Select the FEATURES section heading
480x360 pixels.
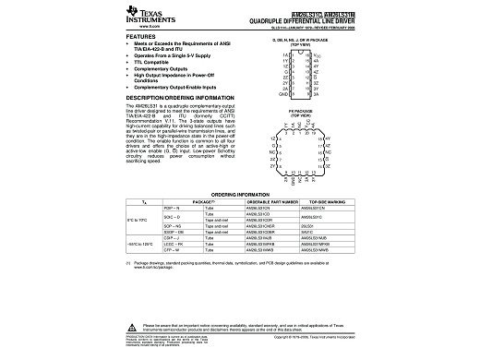tap(138, 37)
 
